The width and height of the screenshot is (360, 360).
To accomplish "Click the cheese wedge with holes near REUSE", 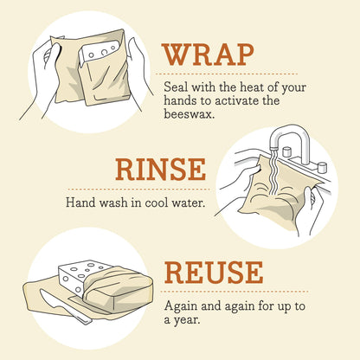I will click(x=78, y=277).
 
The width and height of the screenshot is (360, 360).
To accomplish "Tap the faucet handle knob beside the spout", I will click(x=321, y=165).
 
